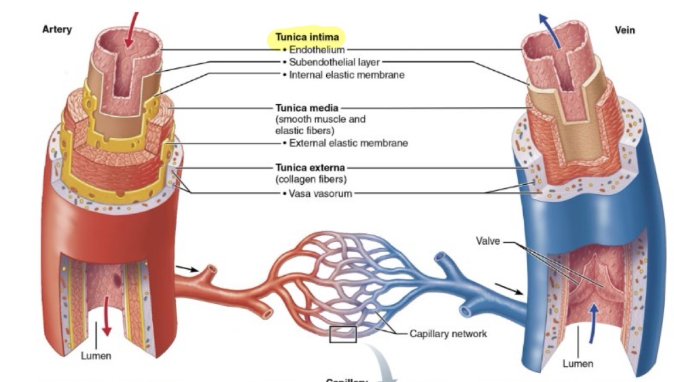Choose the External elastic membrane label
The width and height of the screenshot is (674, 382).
point(349,143)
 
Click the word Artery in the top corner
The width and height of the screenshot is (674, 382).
point(57,29)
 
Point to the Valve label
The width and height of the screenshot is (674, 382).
point(489,241)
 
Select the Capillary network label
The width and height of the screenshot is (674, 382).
point(448,334)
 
